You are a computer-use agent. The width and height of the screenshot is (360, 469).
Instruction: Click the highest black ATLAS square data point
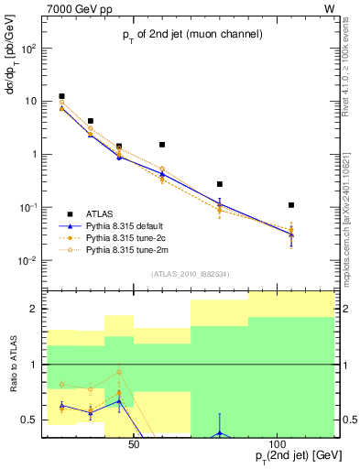61,96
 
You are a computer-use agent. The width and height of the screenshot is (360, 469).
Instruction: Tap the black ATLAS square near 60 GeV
162,145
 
